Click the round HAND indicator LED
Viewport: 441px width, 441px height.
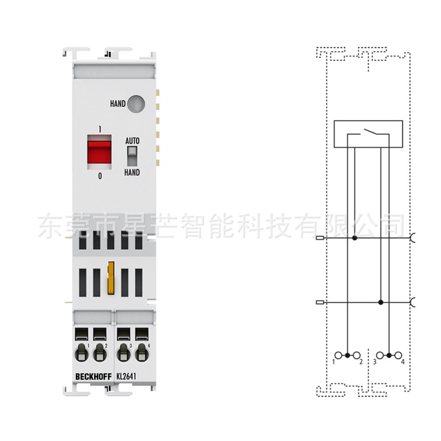136,103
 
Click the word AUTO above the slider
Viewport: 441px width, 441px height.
132,141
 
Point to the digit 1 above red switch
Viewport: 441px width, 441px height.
100,128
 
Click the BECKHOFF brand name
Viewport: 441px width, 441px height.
91,377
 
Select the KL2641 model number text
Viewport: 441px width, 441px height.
127,377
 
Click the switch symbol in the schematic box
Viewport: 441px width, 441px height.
368,132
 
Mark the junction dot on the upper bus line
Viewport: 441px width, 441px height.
354,238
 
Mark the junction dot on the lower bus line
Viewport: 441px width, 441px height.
381,303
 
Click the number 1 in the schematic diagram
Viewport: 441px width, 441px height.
335,362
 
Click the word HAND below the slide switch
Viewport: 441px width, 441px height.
132,173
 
